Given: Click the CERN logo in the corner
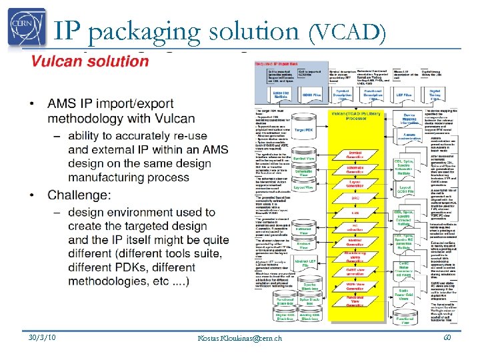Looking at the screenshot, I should [x=27, y=27].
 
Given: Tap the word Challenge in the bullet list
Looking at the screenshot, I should [x=86, y=195].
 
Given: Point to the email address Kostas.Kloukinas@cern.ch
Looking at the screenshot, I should [x=239, y=339].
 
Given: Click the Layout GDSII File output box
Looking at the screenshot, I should [x=405, y=190].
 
